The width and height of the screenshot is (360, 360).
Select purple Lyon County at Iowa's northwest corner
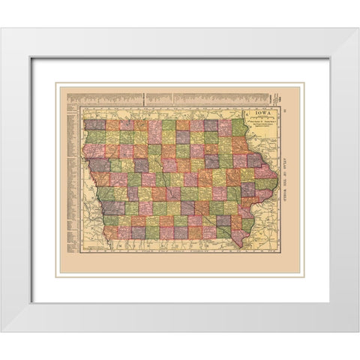pyautogui.click(x=94, y=124)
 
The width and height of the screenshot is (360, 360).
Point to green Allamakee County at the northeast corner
pyautogui.click(x=239, y=127)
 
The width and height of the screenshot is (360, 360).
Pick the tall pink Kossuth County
pyautogui.click(x=154, y=132)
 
